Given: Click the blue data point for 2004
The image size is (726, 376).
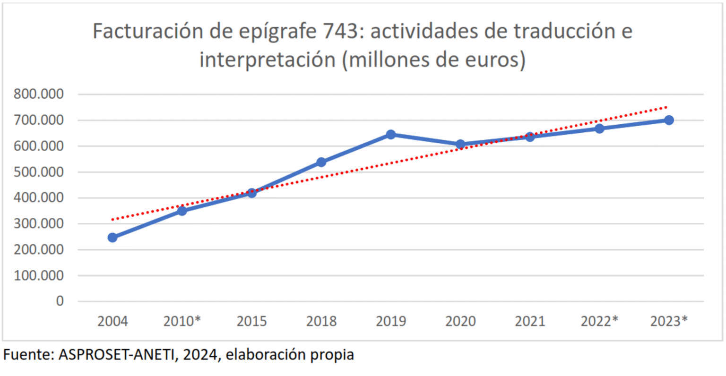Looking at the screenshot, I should [112, 237].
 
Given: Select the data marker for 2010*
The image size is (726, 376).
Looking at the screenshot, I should [182, 211].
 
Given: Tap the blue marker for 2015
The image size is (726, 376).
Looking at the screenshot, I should [251, 193].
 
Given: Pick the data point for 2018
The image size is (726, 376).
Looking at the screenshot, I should [321, 162].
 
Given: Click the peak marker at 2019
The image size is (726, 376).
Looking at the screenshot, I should [391, 135].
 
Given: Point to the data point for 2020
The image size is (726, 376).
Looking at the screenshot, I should [460, 144].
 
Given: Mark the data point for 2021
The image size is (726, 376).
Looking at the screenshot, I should [530, 137].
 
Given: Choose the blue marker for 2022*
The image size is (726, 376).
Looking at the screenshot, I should [599, 128].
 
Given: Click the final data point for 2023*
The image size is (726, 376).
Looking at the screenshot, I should [669, 120].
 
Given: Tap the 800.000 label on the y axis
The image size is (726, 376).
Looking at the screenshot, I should [39, 94].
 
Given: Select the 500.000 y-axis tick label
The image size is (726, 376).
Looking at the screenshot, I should [39, 172].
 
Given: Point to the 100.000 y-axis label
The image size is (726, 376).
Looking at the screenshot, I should [39, 275].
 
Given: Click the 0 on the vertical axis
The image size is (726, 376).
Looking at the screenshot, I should [60, 301].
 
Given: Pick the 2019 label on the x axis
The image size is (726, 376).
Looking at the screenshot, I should [391, 321].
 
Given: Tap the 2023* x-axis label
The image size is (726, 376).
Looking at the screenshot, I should [669, 321].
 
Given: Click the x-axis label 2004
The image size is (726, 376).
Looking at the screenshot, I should [112, 321].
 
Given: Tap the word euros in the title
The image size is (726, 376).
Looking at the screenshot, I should [492, 60].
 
